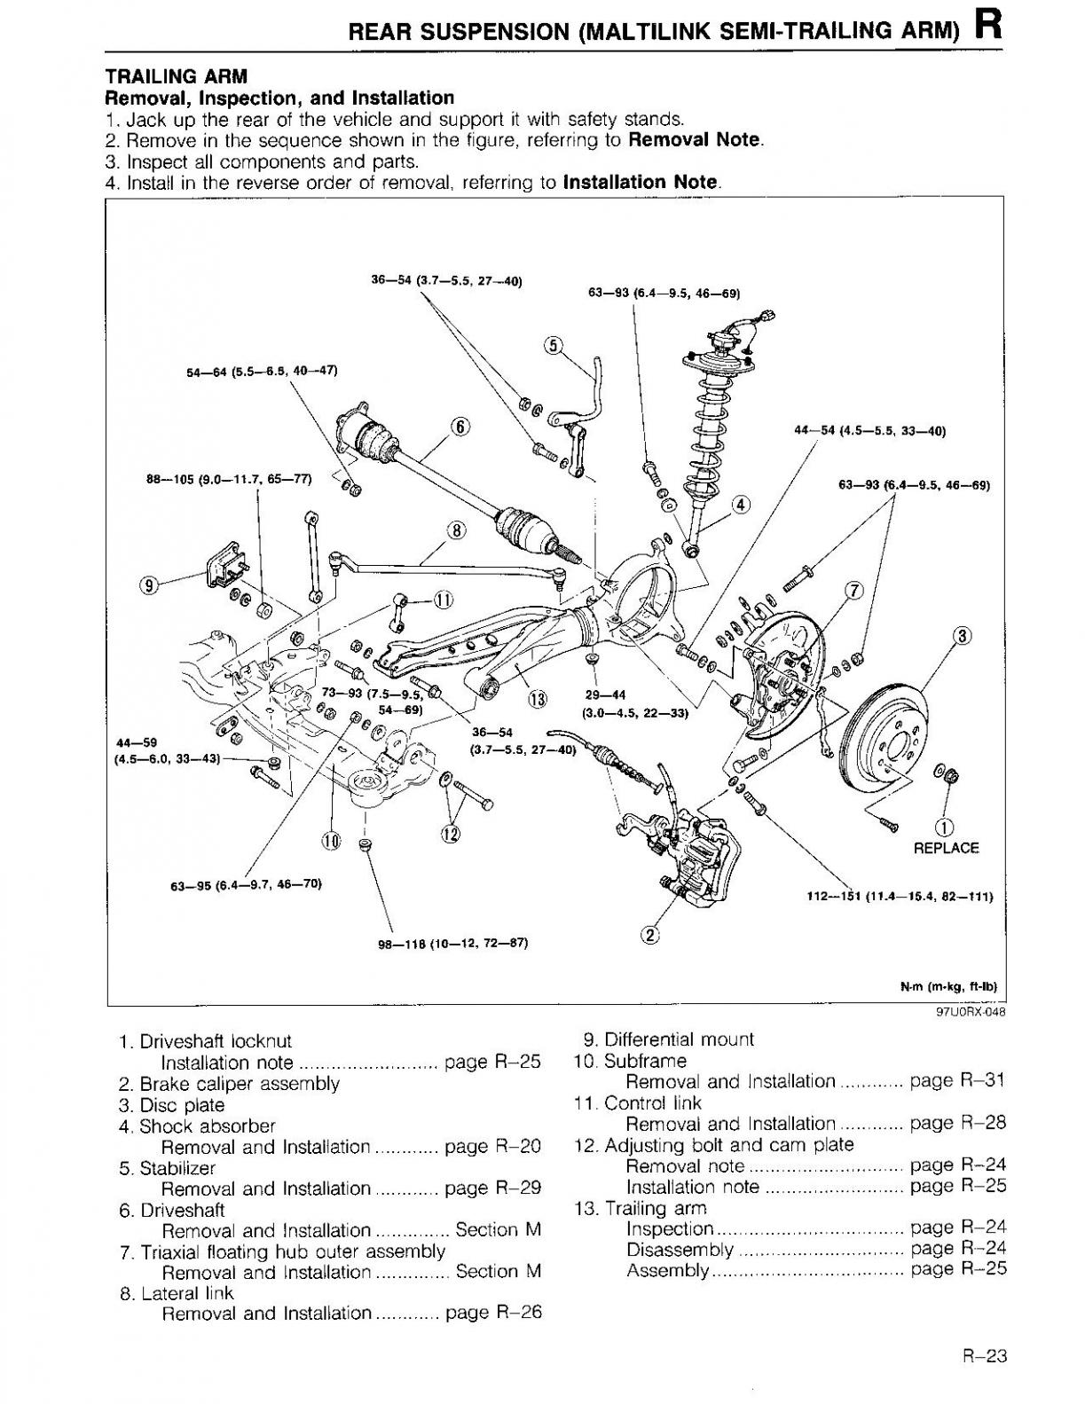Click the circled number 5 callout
554,345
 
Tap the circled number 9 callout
149,585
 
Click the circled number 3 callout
963,637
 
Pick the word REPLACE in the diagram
946,848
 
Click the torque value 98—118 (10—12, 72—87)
453,944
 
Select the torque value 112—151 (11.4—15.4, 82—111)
900,896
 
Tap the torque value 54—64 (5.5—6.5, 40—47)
262,372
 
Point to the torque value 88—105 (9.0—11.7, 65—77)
230,480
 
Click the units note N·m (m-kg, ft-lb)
949,986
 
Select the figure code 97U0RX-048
971,1013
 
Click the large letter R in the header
988,27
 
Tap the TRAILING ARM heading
177,76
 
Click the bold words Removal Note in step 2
695,140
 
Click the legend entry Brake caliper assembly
240,1084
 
